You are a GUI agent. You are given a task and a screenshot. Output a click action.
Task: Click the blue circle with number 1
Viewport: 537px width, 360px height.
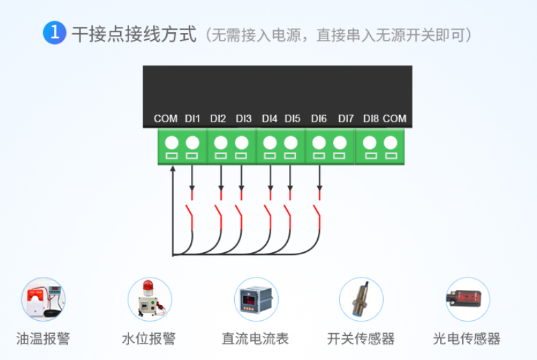click(54, 33)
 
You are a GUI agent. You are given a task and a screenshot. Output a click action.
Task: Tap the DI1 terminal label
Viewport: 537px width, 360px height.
click(192, 118)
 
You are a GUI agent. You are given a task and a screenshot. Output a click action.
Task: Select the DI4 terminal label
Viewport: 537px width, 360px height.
click(270, 118)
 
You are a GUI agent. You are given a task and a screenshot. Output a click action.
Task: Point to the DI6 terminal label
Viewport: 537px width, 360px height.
click(319, 118)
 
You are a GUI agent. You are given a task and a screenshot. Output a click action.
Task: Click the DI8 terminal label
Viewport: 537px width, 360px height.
click(371, 118)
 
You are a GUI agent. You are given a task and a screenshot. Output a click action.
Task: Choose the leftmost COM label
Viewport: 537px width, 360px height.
click(165, 118)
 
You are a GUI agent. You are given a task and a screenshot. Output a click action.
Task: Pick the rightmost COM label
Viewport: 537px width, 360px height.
click(395, 118)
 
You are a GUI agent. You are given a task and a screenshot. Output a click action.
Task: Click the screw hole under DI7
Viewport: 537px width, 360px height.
click(340, 143)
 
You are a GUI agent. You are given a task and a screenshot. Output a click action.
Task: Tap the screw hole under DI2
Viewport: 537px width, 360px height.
click(220, 143)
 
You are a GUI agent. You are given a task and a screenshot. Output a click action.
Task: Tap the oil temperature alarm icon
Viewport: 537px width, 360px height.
click(43, 300)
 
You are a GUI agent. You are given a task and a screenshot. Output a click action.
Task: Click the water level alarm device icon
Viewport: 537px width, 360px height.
click(149, 300)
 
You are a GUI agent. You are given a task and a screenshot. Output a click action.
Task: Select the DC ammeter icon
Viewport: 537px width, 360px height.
click(255, 300)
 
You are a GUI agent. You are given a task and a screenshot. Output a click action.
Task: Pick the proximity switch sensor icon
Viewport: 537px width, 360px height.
click(361, 300)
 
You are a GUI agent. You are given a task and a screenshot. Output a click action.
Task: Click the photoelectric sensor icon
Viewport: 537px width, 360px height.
click(467, 300)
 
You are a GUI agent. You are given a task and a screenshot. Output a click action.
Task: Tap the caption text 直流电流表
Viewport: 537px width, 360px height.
click(255, 339)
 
